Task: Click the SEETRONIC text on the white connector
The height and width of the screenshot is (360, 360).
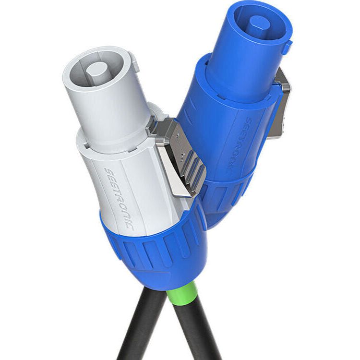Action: [x=119, y=198]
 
